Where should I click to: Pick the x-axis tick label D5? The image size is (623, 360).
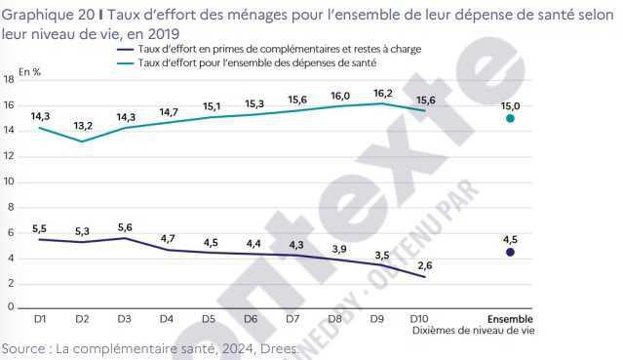(209, 318)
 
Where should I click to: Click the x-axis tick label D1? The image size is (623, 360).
(40, 318)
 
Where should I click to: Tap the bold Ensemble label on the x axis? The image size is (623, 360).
(510, 318)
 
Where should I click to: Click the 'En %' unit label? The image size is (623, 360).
(30, 71)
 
